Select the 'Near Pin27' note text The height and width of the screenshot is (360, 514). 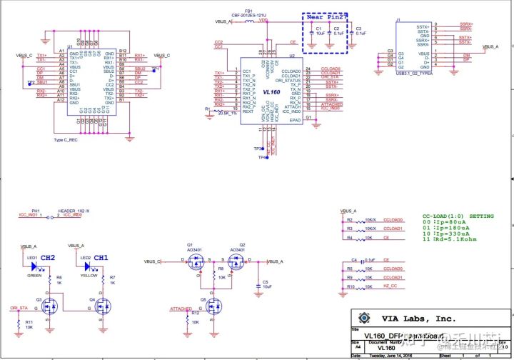tap(326, 17)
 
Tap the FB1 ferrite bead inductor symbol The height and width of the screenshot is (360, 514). tap(249, 21)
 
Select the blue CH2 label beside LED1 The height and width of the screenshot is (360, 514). tap(48, 257)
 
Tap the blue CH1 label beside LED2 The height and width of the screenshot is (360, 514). tap(101, 257)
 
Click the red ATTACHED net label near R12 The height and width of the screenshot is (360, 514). tap(180, 309)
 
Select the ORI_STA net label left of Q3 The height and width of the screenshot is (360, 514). tap(19, 308)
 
